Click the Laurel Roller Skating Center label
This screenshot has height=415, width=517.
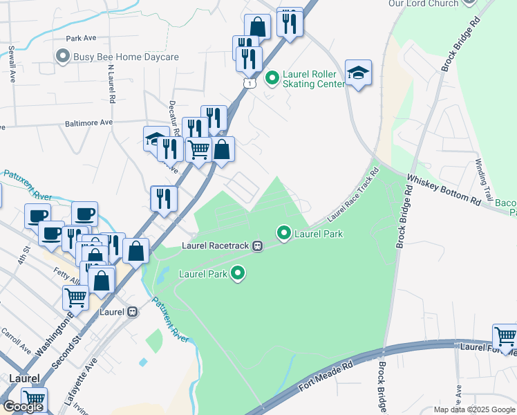click(x=313, y=79)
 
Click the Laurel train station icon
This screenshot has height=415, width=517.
click(x=131, y=312)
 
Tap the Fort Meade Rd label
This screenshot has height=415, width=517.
click(x=326, y=380)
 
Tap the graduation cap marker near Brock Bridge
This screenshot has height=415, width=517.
click(x=358, y=73)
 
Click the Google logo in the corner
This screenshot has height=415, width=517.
click(x=23, y=407)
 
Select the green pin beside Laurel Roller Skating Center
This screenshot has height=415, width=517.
click(x=272, y=79)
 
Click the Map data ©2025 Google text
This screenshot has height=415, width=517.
click(x=473, y=409)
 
